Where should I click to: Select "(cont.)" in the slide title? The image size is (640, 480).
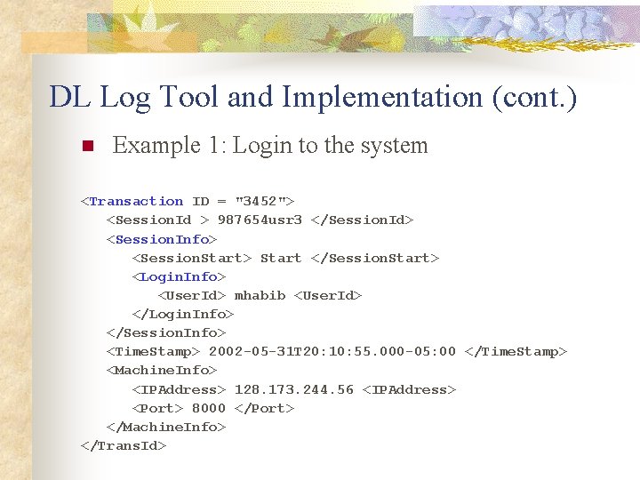tap(534, 97)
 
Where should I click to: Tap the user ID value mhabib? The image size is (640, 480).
tap(260, 295)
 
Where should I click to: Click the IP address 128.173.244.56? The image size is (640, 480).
tap(293, 389)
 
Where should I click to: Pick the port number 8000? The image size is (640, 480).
tap(209, 408)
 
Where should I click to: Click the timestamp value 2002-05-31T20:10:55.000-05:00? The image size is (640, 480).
tap(332, 352)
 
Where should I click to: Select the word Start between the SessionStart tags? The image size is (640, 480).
tap(281, 258)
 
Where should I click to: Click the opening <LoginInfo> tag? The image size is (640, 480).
tap(179, 276)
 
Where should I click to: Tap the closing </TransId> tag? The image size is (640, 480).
tap(124, 445)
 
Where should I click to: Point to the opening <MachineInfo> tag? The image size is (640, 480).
tap(162, 371)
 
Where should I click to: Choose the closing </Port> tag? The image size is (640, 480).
tap(264, 408)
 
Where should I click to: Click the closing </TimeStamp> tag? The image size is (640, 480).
tap(516, 352)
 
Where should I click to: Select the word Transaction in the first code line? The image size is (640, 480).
tap(136, 202)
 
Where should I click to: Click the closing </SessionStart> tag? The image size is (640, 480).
tap(375, 258)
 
